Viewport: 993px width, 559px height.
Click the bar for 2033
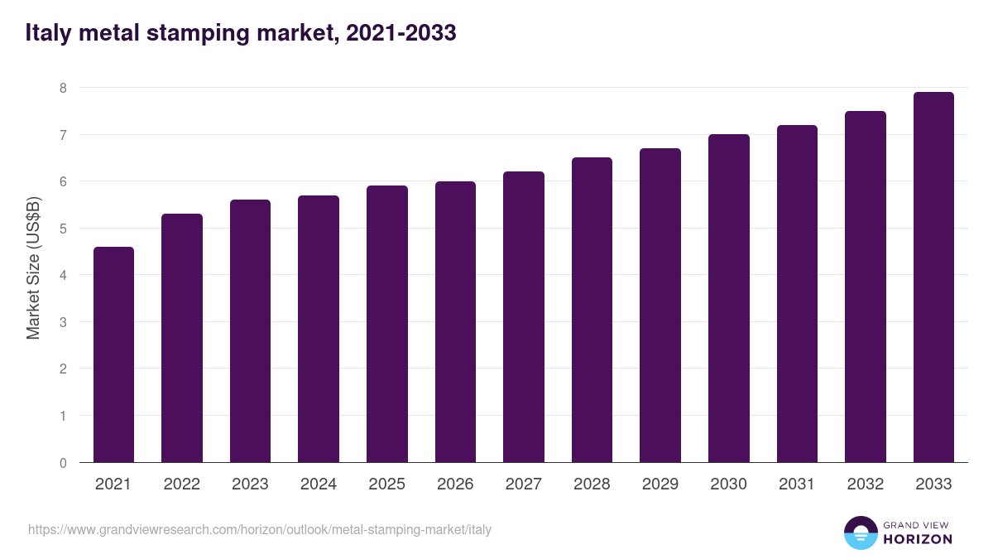tap(933, 277)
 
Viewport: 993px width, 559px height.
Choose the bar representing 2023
tap(250, 331)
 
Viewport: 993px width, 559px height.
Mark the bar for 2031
tap(797, 293)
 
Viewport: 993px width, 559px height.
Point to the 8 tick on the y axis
tap(63, 88)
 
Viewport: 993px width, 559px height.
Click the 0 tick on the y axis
tap(63, 463)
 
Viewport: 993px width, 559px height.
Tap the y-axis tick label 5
tap(63, 229)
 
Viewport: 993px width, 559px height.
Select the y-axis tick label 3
tap(63, 322)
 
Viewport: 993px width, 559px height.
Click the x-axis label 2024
tap(319, 484)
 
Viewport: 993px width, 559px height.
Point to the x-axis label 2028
tap(592, 484)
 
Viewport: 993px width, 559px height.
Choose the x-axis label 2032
tap(866, 484)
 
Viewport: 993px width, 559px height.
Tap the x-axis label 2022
tap(182, 484)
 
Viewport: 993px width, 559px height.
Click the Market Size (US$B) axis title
tap(34, 267)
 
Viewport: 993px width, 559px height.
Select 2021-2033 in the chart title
tap(397, 33)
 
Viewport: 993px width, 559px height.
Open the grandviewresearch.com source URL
tap(260, 529)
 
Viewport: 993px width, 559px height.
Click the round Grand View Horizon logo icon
tap(861, 532)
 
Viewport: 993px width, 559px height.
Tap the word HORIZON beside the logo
tap(918, 539)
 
